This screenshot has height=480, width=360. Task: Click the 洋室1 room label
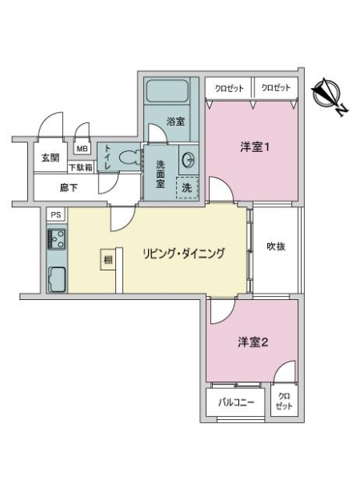[254, 147]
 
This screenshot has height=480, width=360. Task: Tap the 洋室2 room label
[253, 342]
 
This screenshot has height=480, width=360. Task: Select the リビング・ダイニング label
[184, 254]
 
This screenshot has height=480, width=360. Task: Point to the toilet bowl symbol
[128, 158]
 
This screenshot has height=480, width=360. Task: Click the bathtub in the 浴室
[167, 91]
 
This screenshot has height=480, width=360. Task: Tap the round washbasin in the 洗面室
[188, 159]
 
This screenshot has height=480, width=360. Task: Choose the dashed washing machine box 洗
[187, 188]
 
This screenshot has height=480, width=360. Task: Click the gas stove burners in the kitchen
[57, 239]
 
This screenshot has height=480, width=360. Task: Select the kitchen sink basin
[58, 279]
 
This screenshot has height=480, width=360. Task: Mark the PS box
[56, 214]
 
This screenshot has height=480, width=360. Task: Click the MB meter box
[82, 149]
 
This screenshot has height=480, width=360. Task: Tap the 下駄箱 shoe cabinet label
[81, 167]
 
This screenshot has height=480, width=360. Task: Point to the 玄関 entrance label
[50, 158]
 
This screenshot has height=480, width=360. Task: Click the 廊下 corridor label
[69, 188]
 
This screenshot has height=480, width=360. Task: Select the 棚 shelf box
[108, 259]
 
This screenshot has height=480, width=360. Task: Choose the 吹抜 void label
[276, 246]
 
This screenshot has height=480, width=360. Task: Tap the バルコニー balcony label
[236, 402]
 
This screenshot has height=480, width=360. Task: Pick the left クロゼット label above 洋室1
[229, 88]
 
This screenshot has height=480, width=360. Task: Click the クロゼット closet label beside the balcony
[284, 401]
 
